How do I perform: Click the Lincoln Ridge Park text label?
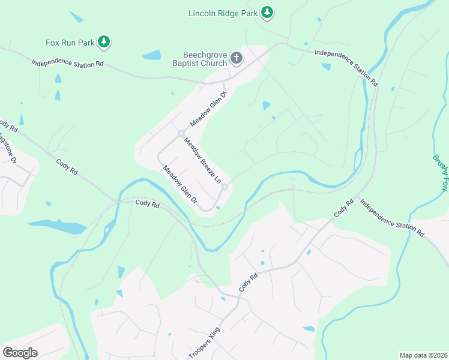click(223, 13)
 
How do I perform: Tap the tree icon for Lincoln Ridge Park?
click(267, 12)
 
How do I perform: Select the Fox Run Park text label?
click(70, 43)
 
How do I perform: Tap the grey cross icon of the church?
click(237, 58)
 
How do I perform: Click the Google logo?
click(20, 353)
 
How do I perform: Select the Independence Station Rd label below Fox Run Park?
click(67, 63)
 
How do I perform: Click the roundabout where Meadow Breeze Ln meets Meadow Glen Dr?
click(180, 133)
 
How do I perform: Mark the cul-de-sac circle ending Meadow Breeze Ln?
click(224, 188)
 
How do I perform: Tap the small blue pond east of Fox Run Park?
click(152, 55)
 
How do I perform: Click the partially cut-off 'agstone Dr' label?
click(8, 149)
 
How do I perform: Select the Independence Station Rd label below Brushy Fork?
click(392, 218)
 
